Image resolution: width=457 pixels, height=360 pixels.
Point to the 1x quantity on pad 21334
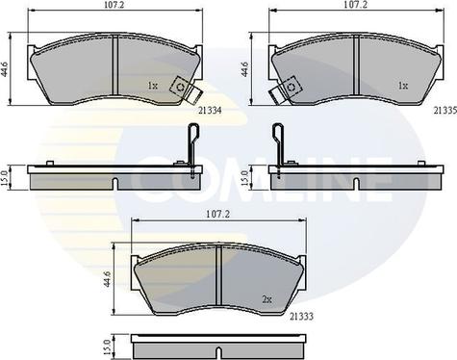click(x=152, y=86)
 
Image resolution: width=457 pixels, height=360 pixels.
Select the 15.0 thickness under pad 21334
click(x=8, y=176)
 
